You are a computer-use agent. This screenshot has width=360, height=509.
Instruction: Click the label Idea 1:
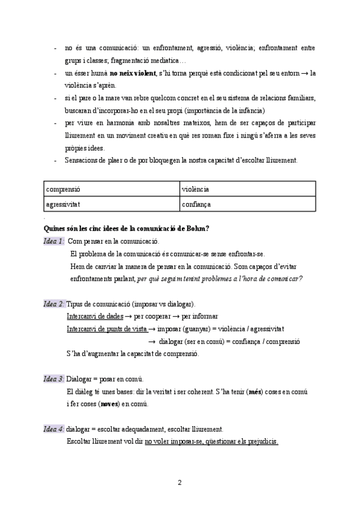[54, 241]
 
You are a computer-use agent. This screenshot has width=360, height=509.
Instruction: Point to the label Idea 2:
[54, 304]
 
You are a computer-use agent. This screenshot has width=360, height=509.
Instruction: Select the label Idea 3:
[54, 379]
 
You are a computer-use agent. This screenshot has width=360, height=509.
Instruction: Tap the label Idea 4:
[54, 429]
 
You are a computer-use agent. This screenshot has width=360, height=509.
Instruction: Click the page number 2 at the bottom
[179, 482]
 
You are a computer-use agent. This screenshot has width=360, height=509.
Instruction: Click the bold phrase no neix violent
[131, 73]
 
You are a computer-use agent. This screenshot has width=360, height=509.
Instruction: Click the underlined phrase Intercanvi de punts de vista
[106, 329]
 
